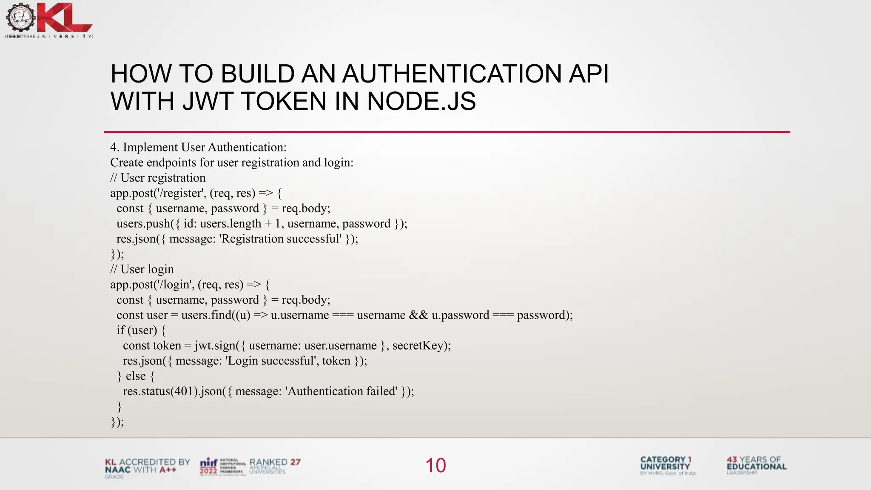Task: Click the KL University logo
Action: tap(49, 20)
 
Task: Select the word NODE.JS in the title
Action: tap(421, 101)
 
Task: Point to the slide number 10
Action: tap(435, 465)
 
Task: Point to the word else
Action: tap(136, 376)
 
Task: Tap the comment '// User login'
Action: tap(142, 269)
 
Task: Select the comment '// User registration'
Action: tap(158, 178)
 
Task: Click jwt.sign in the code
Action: tap(215, 345)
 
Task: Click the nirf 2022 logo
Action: tap(209, 467)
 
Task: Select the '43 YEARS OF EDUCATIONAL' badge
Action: tap(756, 465)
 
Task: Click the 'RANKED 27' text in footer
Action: tap(275, 462)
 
